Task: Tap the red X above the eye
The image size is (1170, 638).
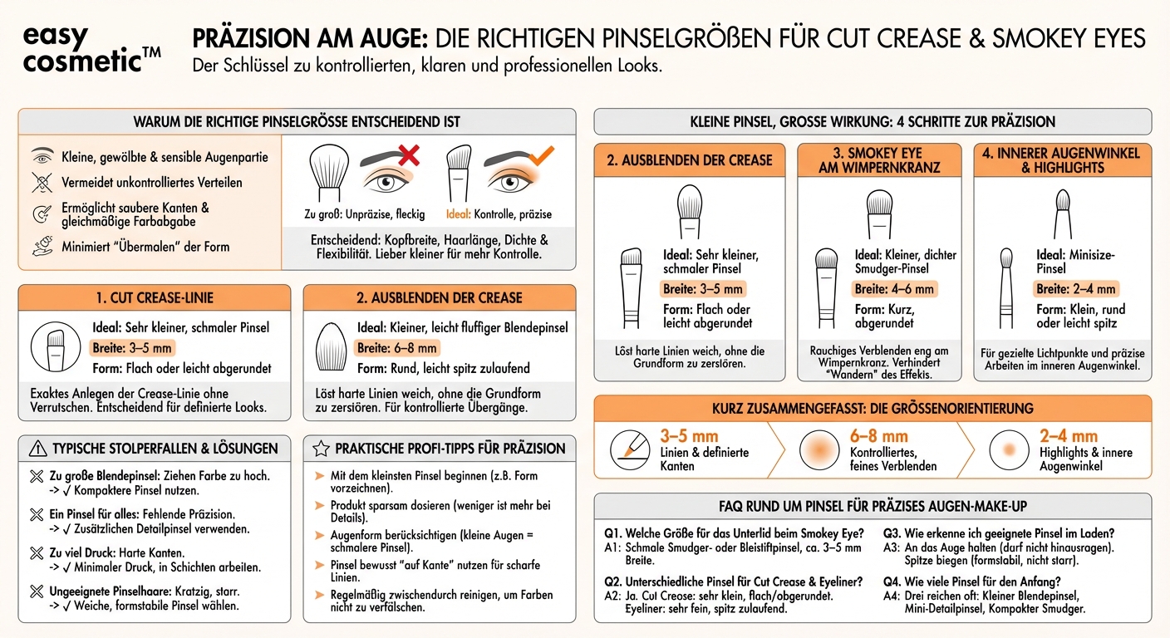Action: tap(408, 155)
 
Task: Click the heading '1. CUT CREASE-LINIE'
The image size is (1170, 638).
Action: tap(155, 297)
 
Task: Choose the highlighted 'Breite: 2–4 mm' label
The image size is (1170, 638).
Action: tap(1076, 289)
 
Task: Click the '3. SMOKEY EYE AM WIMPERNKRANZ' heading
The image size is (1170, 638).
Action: tap(878, 160)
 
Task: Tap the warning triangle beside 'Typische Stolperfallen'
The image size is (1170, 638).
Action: tap(38, 449)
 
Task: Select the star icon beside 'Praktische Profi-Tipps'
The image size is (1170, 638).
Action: tap(321, 449)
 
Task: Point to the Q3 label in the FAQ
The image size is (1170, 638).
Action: tap(893, 533)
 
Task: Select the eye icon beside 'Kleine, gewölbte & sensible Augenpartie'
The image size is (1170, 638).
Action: tap(42, 157)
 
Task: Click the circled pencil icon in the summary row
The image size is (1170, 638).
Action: tap(630, 449)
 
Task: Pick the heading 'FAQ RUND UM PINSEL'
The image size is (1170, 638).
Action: tap(873, 505)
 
